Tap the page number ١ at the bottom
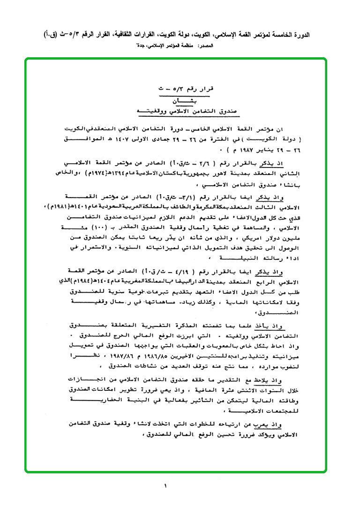coord(165,486)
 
